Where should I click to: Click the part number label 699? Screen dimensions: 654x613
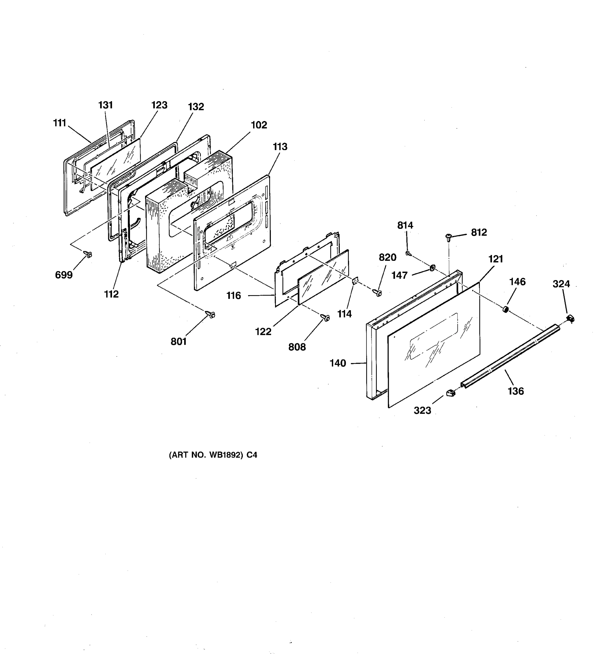click(64, 275)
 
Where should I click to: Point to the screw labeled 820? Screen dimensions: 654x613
click(378, 292)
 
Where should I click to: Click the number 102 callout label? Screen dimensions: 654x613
click(259, 125)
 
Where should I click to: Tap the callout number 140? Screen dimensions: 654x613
click(338, 363)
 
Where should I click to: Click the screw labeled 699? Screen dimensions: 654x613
click(88, 254)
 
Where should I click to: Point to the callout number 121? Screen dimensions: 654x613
click(496, 259)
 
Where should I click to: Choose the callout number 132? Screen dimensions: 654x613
click(196, 107)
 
